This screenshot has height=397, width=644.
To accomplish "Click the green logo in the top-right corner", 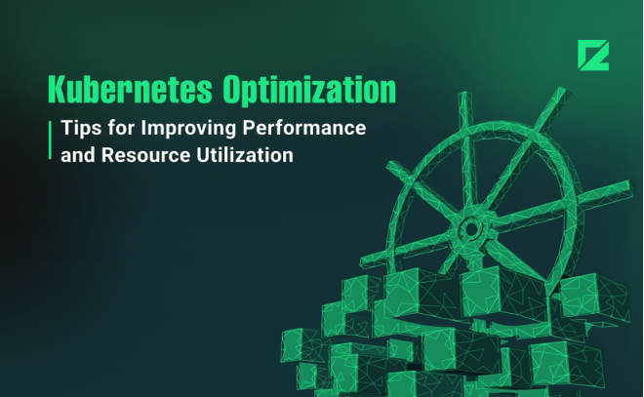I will (x=592, y=56).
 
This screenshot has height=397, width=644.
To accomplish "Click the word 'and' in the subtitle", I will (x=77, y=154).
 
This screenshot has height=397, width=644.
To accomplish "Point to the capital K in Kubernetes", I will (x=58, y=89).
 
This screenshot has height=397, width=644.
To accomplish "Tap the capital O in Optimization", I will (x=233, y=89).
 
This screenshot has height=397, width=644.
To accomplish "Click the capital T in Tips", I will (x=66, y=129).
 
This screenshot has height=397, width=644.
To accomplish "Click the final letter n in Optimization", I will (x=388, y=91).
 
